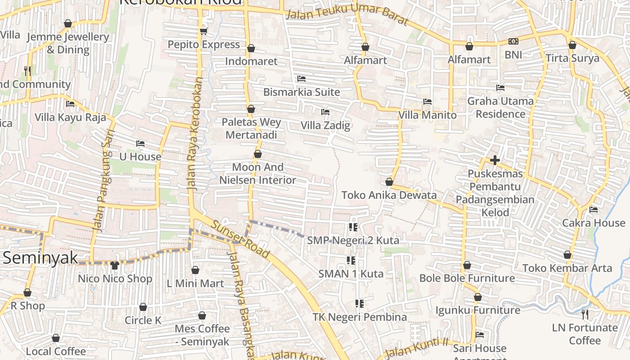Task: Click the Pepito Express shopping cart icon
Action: [203, 31]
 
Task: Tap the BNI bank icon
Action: [513, 41]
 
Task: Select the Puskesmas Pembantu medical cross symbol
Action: [495, 160]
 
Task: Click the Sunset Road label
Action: [241, 240]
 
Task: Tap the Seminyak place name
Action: [40, 258]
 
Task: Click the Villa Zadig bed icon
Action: [325, 112]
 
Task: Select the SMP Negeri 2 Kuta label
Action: [353, 241]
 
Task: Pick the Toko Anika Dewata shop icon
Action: [389, 182]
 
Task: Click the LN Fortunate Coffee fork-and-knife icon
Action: [585, 314]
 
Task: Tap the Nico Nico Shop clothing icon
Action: [115, 265]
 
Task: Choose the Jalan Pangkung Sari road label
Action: [103, 180]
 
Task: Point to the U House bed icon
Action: [140, 144]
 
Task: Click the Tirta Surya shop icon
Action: [572, 45]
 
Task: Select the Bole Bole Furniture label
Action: [467, 278]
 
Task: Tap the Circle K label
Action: [143, 320]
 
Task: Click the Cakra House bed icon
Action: [594, 209]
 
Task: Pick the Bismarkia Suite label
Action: [301, 92]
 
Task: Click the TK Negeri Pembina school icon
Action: [359, 304]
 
